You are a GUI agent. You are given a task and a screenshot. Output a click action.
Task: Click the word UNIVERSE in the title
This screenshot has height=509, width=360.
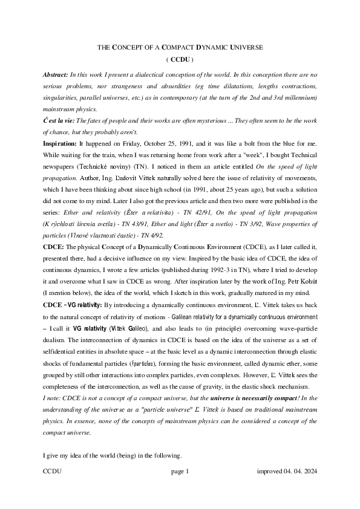[x=243, y=47]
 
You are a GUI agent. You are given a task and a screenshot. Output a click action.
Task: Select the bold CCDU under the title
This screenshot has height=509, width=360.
[x=179, y=60]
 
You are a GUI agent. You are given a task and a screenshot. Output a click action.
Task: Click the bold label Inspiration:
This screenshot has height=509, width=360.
[x=60, y=144]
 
